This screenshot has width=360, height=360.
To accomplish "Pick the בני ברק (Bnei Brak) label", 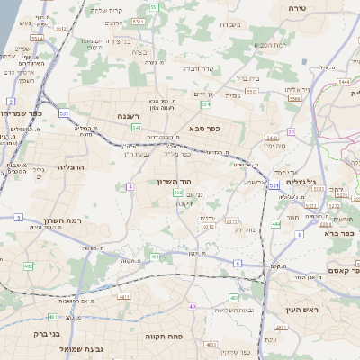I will click(41, 334).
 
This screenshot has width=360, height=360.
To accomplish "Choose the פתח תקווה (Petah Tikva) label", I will click(165, 336).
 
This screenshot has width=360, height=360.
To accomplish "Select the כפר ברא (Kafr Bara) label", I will click(337, 232).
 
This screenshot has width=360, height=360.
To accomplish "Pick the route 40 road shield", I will click(192, 306).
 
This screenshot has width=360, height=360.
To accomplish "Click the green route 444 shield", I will click(274, 223).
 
